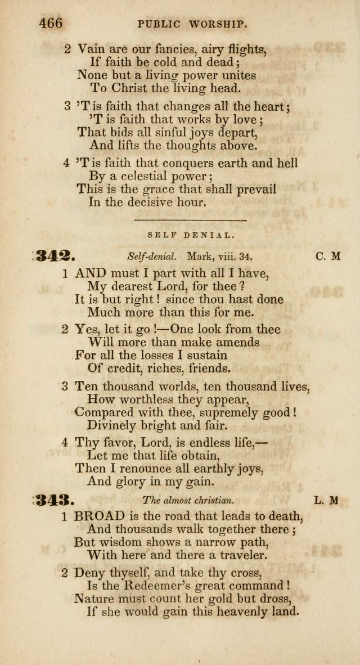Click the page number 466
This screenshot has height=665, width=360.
click(50, 23)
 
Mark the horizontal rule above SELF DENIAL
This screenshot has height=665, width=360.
click(195, 221)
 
